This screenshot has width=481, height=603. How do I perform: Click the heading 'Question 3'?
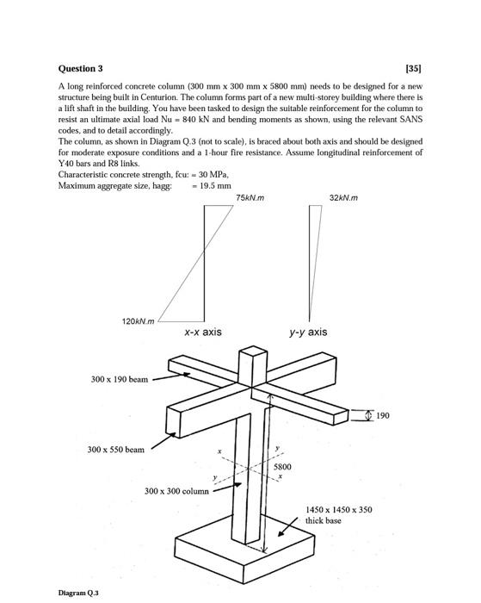(80, 68)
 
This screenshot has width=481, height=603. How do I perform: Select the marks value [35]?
(414, 68)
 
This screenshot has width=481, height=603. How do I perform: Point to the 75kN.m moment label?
(250, 197)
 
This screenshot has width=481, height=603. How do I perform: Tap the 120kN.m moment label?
(138, 321)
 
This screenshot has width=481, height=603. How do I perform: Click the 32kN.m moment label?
(343, 197)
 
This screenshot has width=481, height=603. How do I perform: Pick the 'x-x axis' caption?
(203, 332)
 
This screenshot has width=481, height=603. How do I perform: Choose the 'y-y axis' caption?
(309, 332)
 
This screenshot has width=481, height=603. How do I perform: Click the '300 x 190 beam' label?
(120, 380)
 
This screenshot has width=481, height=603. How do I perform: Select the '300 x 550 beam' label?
(116, 450)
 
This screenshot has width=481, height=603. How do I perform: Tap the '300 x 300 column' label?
(176, 491)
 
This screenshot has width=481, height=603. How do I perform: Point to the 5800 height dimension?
(282, 467)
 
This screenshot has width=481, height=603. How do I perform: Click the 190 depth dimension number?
(383, 415)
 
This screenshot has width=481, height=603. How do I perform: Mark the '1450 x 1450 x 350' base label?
(339, 510)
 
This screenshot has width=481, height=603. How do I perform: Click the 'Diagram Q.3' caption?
(78, 593)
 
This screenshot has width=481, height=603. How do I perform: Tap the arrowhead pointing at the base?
(281, 532)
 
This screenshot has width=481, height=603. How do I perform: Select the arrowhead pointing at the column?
(238, 485)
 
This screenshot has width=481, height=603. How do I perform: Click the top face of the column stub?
(252, 351)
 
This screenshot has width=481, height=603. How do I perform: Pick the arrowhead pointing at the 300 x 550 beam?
(172, 436)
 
